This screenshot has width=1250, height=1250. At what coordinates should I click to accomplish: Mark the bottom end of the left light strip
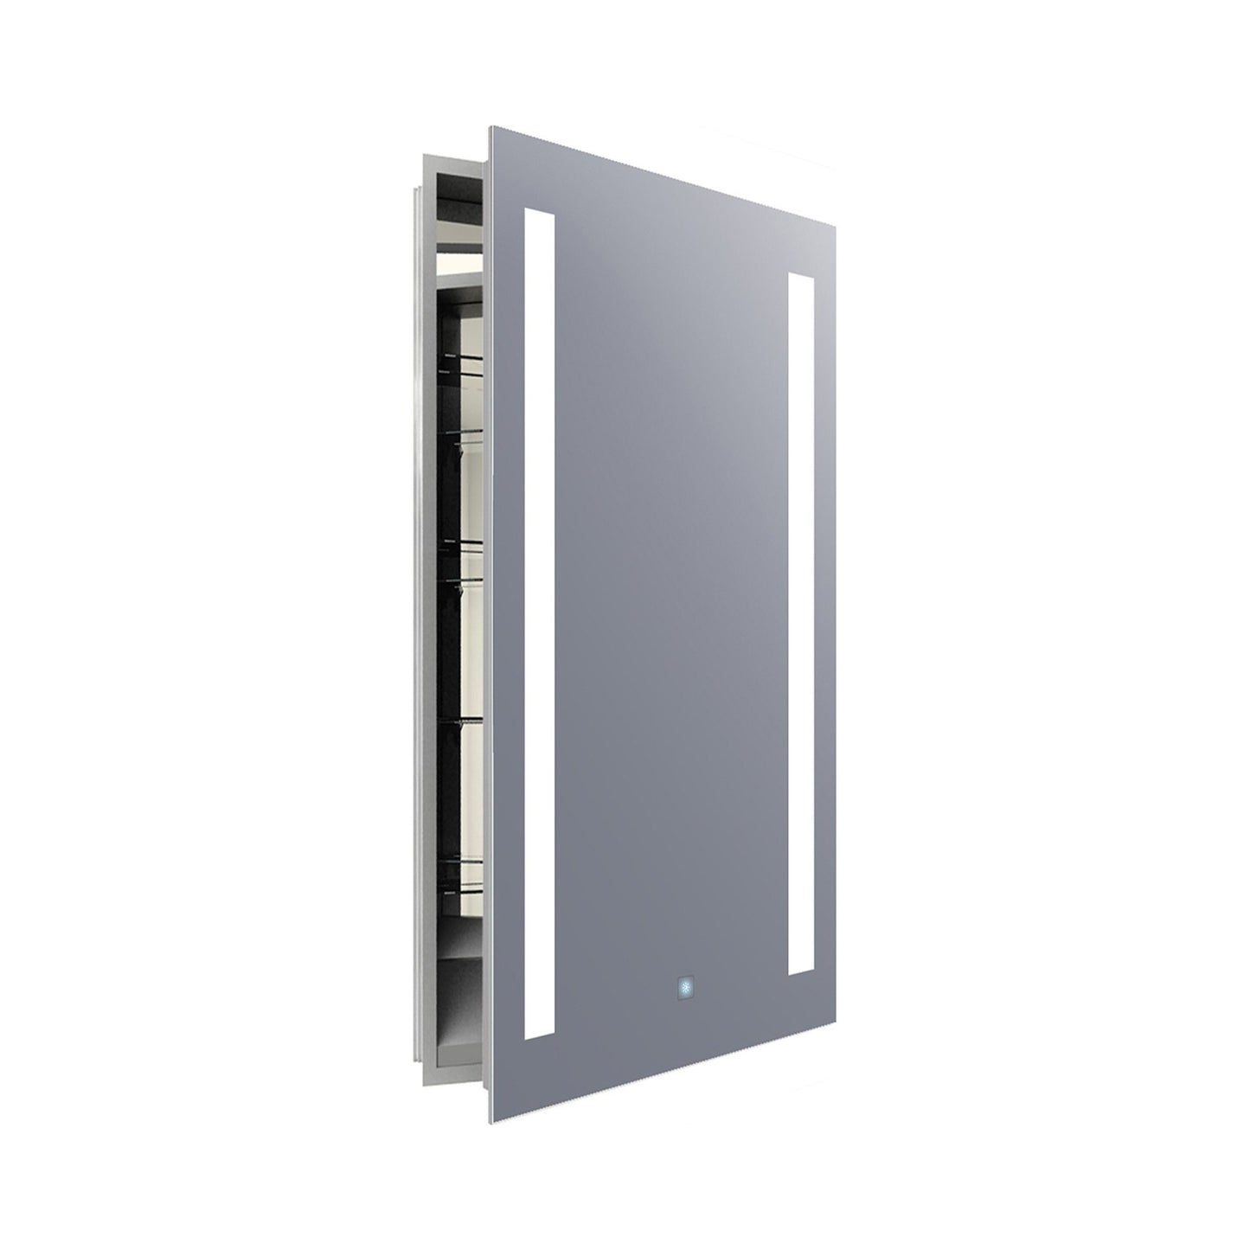[539, 1035]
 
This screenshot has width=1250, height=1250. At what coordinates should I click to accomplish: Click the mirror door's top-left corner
[492, 129]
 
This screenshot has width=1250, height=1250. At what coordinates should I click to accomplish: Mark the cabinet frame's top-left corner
[421, 154]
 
